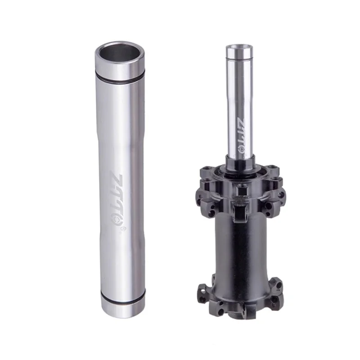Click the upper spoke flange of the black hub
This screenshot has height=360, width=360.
click(x=241, y=189)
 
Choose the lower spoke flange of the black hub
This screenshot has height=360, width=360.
click(x=241, y=295)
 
